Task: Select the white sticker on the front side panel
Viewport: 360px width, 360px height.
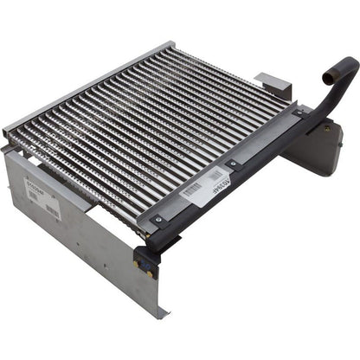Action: (x=42, y=194)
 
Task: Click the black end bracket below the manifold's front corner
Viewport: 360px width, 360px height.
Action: (x=145, y=258)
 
